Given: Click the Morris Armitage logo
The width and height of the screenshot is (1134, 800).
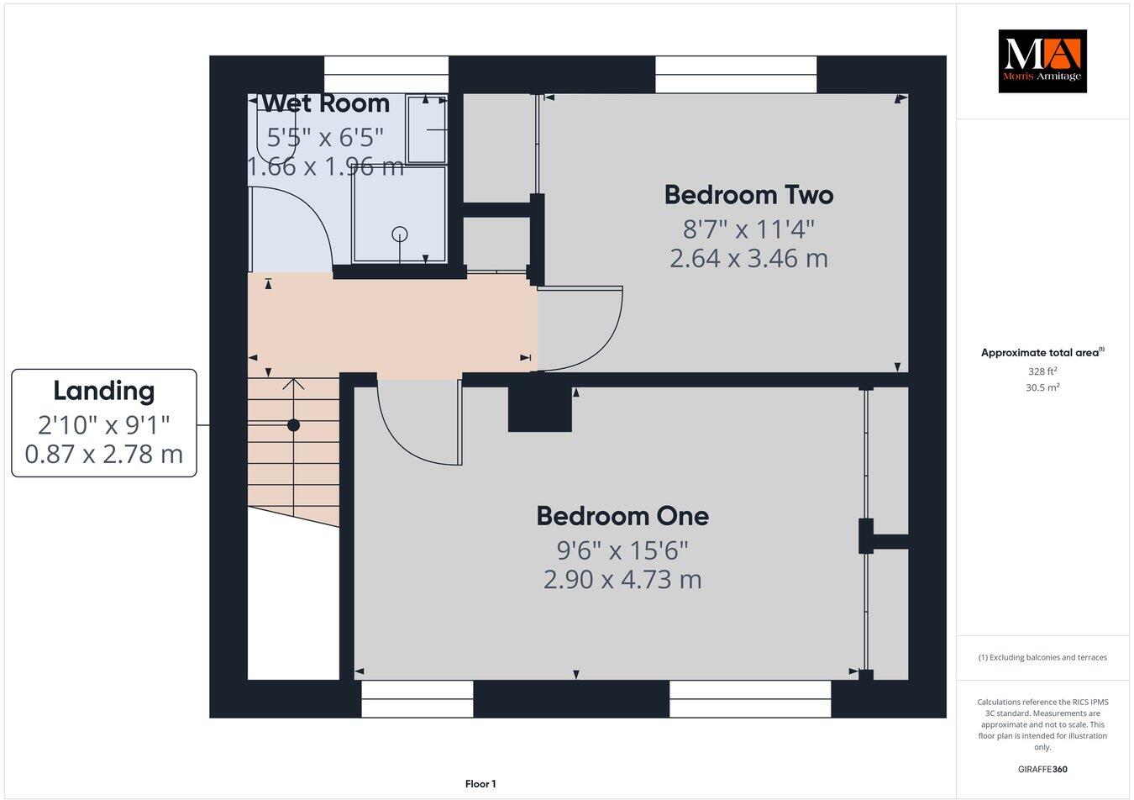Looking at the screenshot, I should pos(1042,61).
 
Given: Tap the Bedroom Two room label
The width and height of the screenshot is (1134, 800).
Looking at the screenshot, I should pos(748,195).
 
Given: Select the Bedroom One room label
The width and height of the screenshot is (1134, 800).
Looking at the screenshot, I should pos(622,515).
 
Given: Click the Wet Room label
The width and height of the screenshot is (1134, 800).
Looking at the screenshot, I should pos(326,103).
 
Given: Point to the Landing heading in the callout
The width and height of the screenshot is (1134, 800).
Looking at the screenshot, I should pos(104,391).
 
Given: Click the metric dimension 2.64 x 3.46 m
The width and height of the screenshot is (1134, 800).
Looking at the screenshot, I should pos(748,258).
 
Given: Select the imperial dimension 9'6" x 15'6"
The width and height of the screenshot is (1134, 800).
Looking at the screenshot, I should pos(622,550).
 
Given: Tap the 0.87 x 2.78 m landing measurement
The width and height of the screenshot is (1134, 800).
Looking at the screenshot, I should pos(104,455).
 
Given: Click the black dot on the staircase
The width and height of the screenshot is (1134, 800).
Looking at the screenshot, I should pos(293,425).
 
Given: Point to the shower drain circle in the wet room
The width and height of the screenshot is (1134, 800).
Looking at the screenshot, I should pos(400,234).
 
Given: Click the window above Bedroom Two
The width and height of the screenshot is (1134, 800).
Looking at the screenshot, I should pos(736,75).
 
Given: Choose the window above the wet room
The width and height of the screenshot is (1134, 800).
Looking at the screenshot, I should pos(386,75).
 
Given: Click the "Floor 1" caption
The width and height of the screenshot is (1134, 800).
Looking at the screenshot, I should pos(480,784).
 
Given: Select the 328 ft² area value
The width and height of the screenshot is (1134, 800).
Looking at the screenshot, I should pos(1042,371).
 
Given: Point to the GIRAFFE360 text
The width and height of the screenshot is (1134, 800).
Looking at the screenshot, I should pos(1042,769).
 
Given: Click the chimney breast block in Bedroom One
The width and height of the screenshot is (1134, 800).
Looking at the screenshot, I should pos(540,410).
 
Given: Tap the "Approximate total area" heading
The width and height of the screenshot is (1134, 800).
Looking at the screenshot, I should pos(1042,353).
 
